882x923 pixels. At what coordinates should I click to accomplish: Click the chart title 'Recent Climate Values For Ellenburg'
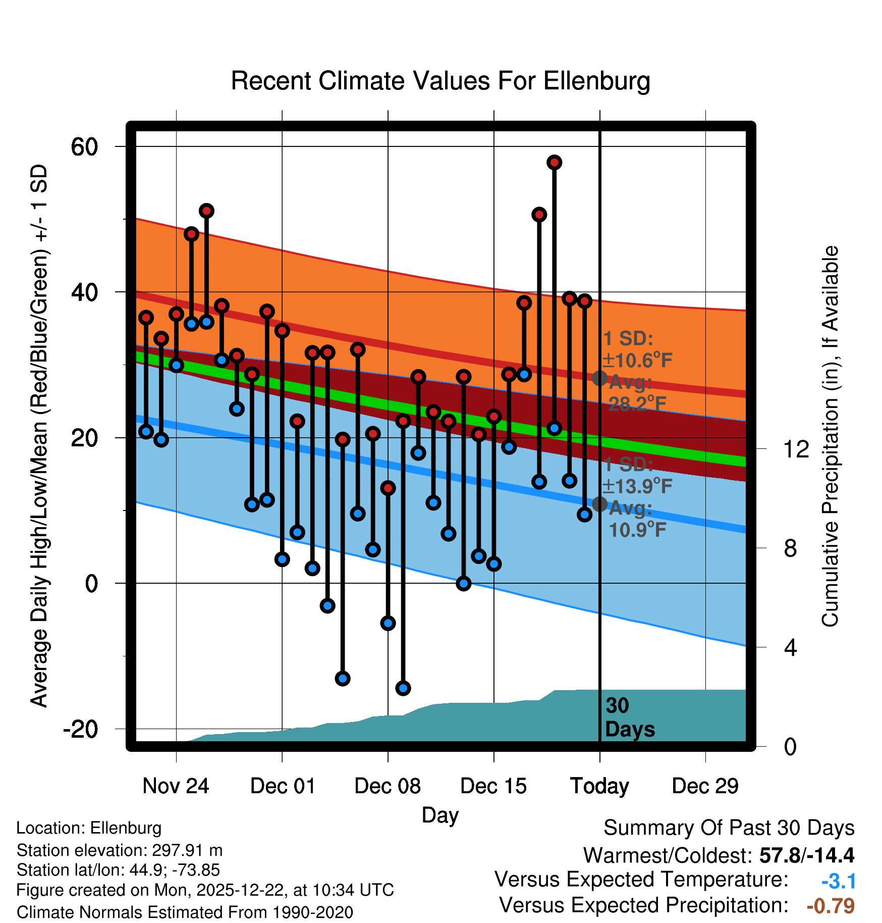440,81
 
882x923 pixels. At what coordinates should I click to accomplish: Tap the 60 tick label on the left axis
84,147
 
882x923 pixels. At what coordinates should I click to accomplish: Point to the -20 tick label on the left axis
81,729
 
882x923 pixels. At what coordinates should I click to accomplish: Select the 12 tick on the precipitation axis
796,449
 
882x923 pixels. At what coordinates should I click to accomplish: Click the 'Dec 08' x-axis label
388,786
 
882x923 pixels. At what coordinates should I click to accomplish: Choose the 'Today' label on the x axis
599,786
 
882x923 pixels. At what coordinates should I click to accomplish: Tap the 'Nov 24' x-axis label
176,786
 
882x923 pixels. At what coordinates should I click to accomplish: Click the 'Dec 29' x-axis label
705,786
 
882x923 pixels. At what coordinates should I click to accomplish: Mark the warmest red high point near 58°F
554,163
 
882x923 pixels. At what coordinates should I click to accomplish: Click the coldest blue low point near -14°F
403,688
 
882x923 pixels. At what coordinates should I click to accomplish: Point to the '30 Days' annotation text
629,717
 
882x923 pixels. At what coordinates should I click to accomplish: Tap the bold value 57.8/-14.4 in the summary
806,855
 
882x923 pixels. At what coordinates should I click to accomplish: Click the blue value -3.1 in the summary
838,881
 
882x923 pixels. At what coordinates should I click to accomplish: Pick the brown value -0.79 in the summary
831,906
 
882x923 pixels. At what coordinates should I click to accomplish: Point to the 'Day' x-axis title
440,815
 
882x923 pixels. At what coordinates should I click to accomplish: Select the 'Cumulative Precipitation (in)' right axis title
830,436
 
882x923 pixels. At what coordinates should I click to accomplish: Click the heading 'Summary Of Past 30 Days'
729,828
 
